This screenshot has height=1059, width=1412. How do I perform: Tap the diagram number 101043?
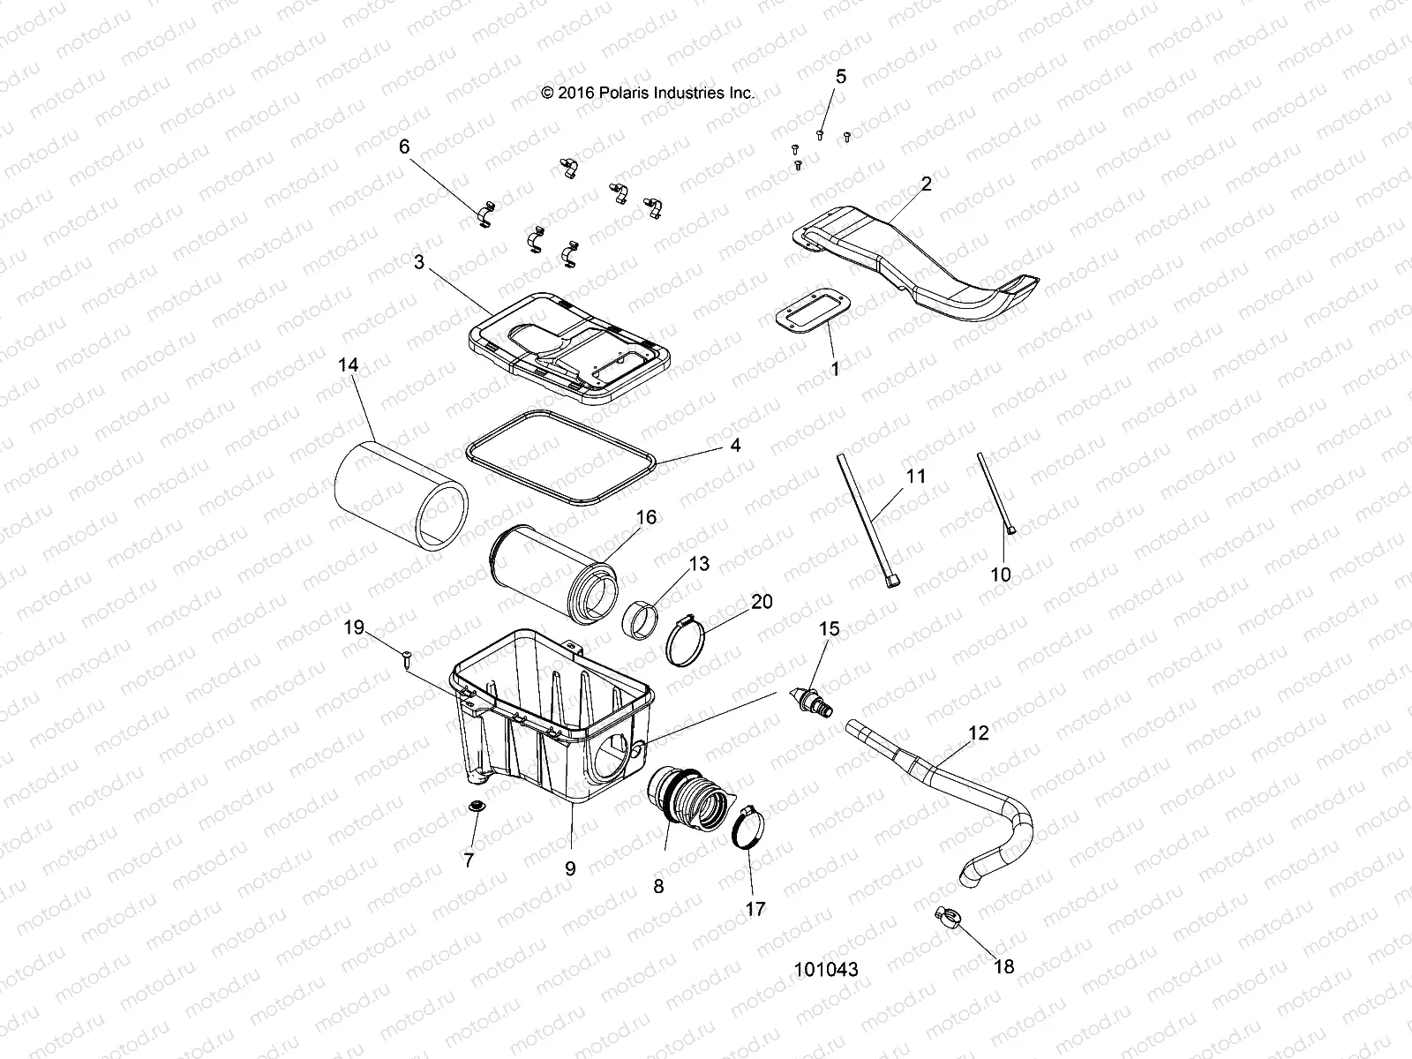(826, 969)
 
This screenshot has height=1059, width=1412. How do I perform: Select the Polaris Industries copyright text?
(647, 92)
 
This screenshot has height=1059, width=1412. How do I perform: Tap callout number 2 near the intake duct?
(926, 184)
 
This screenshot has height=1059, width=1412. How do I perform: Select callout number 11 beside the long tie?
(916, 477)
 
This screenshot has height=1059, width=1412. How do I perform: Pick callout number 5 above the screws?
(840, 77)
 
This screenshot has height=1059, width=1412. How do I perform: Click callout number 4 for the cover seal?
(734, 446)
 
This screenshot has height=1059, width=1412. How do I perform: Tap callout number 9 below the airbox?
(570, 868)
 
